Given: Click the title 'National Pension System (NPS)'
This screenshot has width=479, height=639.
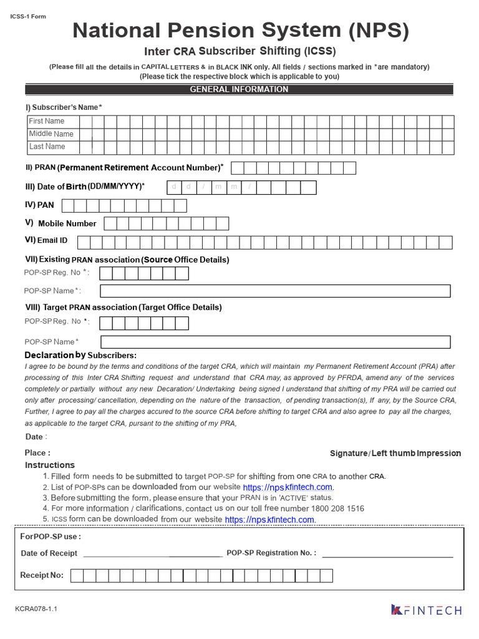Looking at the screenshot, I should [x=240, y=30].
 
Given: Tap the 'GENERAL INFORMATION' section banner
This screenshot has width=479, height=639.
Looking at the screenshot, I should [x=239, y=89].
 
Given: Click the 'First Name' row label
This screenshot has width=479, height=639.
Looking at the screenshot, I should [x=47, y=121].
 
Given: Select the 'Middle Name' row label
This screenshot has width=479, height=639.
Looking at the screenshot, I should [x=51, y=134].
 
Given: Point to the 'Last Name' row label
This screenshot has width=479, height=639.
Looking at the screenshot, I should [x=47, y=147].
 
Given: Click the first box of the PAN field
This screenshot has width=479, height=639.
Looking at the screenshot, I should [x=68, y=205].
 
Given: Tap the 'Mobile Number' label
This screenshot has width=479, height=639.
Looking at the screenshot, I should [x=67, y=223].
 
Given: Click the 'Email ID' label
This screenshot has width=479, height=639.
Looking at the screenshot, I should [x=53, y=240].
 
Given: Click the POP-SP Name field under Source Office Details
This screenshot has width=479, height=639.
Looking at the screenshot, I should [x=275, y=291].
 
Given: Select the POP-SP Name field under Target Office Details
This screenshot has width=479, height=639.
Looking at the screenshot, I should [x=275, y=342].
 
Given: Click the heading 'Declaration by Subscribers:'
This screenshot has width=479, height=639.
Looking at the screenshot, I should [x=80, y=355].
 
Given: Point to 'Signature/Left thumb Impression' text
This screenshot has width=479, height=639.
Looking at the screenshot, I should [x=395, y=453].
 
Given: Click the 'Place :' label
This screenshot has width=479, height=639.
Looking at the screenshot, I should [x=37, y=453].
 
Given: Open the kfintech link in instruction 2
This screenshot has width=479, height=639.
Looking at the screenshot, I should [x=288, y=487].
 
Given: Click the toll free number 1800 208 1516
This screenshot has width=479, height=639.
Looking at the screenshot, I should [x=338, y=509].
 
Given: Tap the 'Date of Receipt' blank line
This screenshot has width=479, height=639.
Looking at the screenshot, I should [x=152, y=554].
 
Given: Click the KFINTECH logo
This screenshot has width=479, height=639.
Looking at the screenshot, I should [x=427, y=610].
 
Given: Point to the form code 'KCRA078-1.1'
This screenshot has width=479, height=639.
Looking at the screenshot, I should [x=36, y=608].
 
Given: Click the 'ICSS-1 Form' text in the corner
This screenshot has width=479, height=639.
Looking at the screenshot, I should [x=28, y=16].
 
